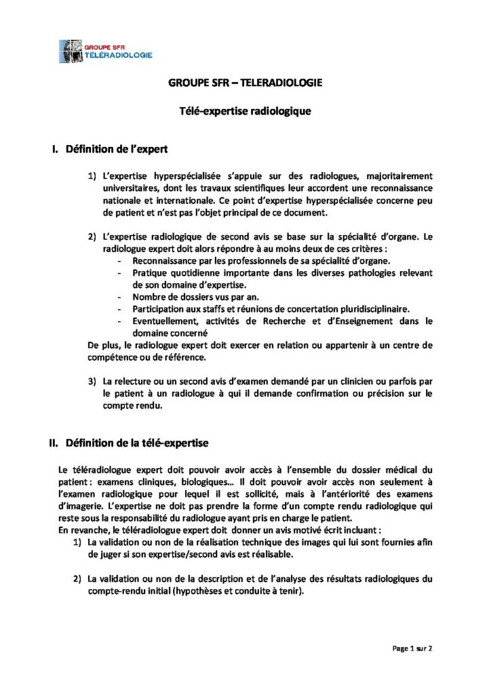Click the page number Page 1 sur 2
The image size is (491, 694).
tap(412, 648)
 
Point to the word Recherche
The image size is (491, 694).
tap(296, 321)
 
